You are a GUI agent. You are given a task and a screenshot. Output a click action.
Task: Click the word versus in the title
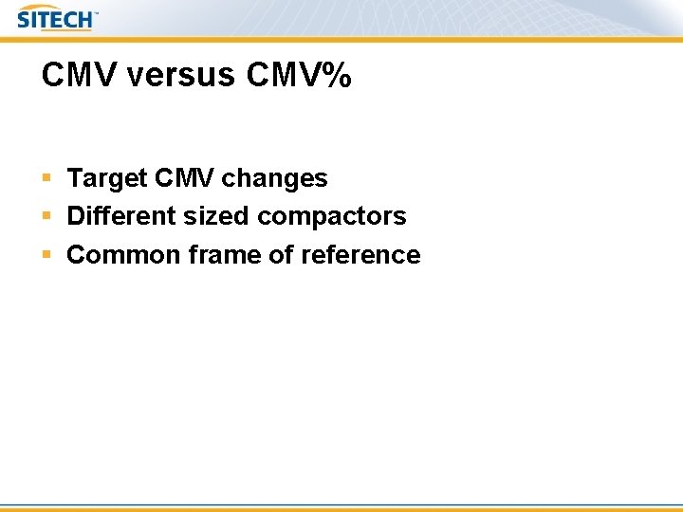[182, 76]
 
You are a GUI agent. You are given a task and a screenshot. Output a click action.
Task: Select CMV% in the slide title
[298, 76]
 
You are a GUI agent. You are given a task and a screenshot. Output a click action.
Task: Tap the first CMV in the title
[79, 76]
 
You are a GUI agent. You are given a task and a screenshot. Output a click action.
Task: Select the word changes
[274, 178]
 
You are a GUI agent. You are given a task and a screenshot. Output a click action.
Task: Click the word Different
[120, 216]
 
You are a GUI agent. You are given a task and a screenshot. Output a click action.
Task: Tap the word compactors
[331, 217]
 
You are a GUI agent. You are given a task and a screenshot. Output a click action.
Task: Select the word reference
[361, 255]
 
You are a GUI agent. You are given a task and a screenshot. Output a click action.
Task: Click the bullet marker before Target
[46, 178]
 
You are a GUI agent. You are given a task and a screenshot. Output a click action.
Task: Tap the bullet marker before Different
[46, 216]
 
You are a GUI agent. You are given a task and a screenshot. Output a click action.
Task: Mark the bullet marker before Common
[46, 255]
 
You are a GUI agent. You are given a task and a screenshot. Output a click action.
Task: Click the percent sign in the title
[337, 76]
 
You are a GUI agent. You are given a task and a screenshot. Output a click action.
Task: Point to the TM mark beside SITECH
[96, 14]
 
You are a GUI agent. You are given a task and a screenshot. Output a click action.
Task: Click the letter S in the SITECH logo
[24, 19]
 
